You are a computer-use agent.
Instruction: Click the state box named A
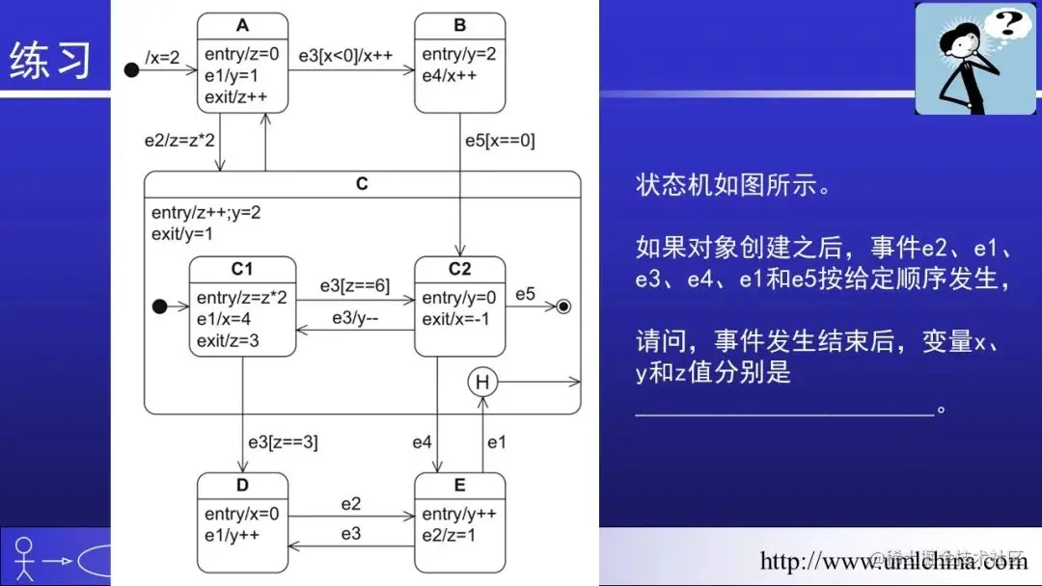click(242, 64)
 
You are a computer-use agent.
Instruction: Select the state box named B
click(459, 64)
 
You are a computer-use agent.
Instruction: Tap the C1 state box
click(242, 306)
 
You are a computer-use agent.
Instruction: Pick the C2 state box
click(459, 306)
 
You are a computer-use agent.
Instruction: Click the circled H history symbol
click(482, 383)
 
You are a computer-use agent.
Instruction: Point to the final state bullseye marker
click(564, 306)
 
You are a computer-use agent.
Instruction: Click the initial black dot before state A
click(132, 68)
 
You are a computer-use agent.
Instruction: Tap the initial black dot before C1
click(160, 306)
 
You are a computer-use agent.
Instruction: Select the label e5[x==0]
click(500, 141)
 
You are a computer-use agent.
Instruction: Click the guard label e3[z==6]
click(354, 287)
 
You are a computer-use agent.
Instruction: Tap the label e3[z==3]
click(283, 442)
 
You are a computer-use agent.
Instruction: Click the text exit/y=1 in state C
click(182, 233)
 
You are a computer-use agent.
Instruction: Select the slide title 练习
click(50, 60)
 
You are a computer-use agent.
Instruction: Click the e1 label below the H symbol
click(497, 442)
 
